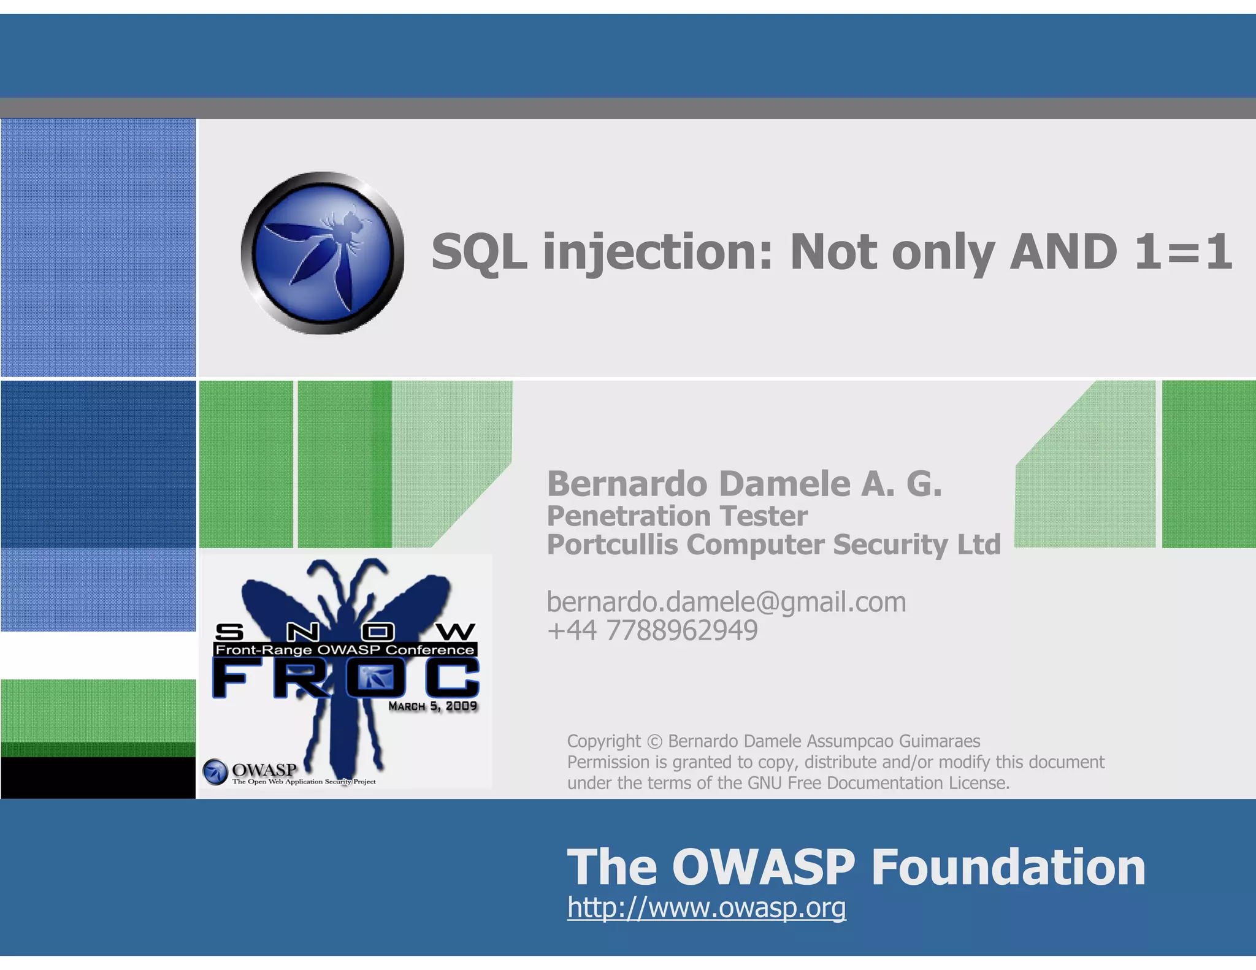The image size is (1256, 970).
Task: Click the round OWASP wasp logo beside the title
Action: click(x=323, y=253)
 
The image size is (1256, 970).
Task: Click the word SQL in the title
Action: click(x=478, y=253)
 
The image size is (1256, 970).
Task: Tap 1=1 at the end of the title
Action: click(x=1182, y=253)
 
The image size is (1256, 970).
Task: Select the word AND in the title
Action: click(x=1063, y=253)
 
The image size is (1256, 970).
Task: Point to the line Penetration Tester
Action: click(x=677, y=516)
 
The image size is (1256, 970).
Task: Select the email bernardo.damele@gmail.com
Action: click(x=726, y=602)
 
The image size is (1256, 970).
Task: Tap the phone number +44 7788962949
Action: click(x=653, y=630)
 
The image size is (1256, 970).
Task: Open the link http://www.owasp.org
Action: click(x=706, y=907)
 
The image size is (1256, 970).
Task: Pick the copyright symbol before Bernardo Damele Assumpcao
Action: click(x=654, y=741)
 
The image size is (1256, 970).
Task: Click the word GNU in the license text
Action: click(x=765, y=783)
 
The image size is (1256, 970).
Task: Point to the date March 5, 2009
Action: click(x=432, y=706)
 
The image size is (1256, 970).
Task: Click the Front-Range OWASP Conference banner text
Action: click(x=345, y=650)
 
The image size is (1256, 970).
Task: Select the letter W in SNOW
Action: click(x=456, y=632)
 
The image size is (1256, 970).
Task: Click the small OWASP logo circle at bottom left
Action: click(x=215, y=772)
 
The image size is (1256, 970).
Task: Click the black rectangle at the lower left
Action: click(x=98, y=777)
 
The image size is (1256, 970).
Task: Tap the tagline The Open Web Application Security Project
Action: click(x=304, y=782)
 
